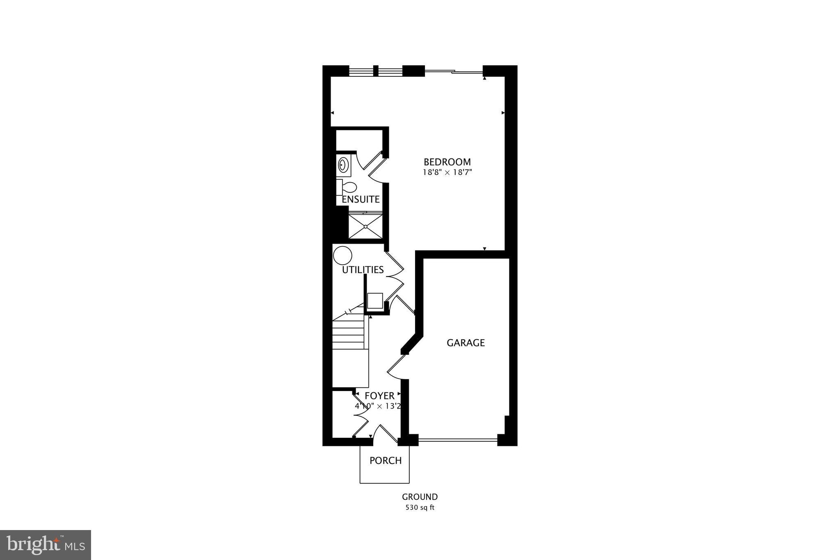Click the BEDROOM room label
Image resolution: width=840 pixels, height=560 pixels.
(447, 162)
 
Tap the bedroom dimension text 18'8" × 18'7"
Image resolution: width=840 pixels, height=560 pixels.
(447, 173)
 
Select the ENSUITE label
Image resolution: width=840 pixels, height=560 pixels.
(361, 199)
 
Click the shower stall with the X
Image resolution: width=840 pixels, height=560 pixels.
(365, 226)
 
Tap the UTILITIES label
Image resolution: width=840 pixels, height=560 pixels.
(363, 270)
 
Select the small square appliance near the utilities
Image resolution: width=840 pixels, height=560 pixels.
(375, 301)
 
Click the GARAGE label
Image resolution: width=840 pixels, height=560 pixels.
(466, 343)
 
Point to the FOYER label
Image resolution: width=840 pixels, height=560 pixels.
(379, 396)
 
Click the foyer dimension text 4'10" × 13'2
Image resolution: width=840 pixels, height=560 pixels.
(378, 406)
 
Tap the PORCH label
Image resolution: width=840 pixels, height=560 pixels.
(385, 461)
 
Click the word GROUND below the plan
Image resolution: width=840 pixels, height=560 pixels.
(420, 497)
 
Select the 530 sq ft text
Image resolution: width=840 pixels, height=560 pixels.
(420, 507)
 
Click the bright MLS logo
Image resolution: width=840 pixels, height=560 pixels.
(46, 545)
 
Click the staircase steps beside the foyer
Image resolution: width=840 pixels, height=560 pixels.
(348, 334)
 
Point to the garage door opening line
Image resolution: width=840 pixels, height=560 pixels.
(458, 441)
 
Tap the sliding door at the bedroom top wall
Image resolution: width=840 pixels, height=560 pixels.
(453, 72)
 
